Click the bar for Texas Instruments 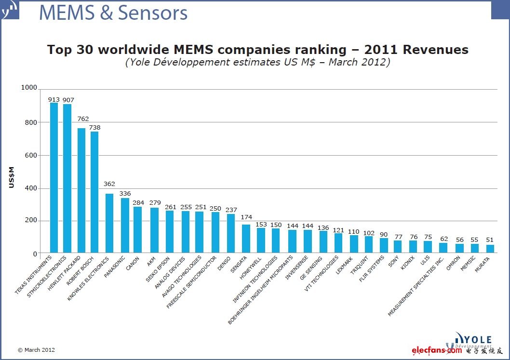click(x=54, y=178)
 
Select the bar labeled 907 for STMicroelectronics click(x=67, y=178)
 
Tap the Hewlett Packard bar click(x=81, y=190)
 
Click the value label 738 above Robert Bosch click(x=94, y=127)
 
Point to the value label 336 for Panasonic click(x=125, y=193)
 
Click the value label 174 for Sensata click(x=246, y=217)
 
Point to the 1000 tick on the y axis click(x=28, y=88)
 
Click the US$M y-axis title click(x=12, y=177)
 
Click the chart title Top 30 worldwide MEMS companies click(x=257, y=50)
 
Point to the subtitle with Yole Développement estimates click(x=257, y=63)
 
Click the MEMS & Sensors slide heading click(x=113, y=13)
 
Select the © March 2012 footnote click(x=36, y=350)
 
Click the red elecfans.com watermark click(x=437, y=350)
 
